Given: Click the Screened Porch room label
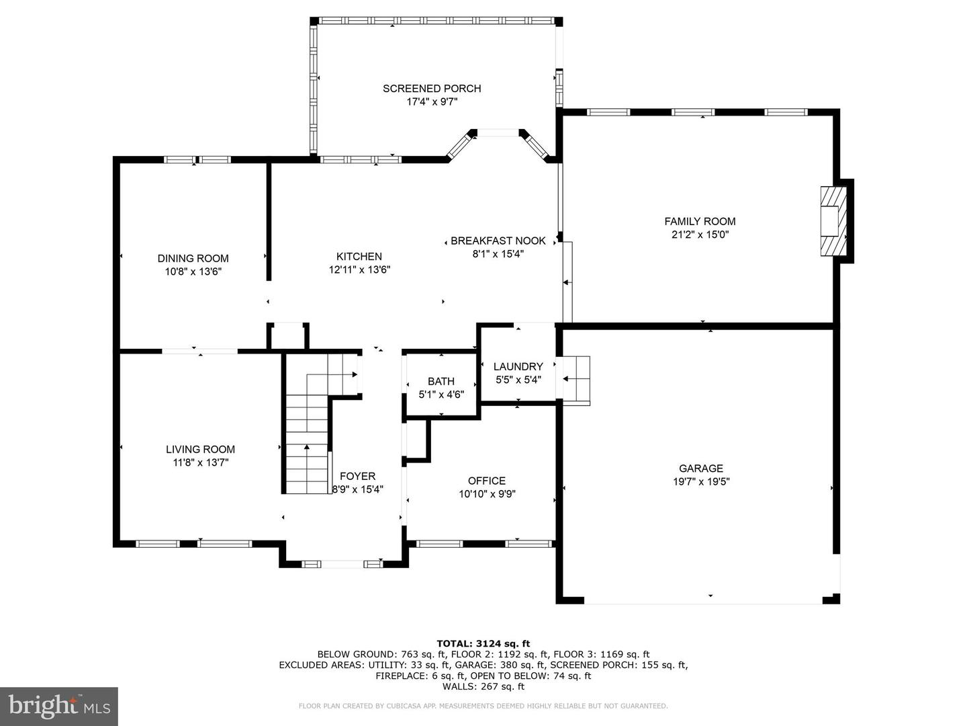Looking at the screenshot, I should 432,88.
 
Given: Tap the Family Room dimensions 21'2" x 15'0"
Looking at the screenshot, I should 700,235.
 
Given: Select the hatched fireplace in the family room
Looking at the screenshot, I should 833,220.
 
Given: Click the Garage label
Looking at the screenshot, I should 700,468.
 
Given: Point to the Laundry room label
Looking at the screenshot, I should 518,366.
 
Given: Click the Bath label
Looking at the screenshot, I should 441,381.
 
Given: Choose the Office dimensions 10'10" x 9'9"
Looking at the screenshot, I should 487,494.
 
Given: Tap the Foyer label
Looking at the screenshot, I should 357,476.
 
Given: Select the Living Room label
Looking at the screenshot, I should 200,449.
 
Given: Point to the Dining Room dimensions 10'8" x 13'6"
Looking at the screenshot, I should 193,272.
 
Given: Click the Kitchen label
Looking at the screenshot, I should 359,256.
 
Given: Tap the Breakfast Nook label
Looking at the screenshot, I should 498,241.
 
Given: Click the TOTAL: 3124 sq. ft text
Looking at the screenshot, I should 483,643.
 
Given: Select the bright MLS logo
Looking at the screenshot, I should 59,706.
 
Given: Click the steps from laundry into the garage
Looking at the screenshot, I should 576,380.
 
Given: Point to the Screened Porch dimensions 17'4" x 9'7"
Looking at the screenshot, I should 432,102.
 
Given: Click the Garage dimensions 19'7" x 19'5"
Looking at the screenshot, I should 700,481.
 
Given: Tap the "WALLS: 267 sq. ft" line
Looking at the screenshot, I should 483,686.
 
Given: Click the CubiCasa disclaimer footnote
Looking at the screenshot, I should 483,706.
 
